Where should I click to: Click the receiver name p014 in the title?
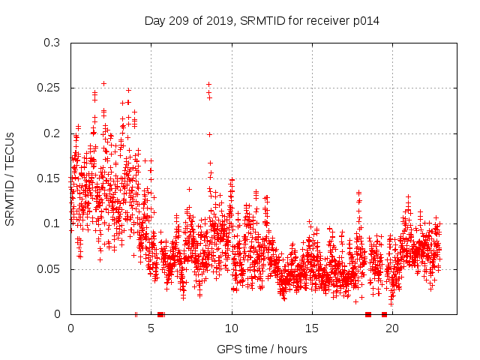pos(366,21)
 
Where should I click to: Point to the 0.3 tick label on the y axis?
pos(52,43)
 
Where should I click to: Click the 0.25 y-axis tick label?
pos(49,88)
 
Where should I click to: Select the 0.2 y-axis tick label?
pos(52,133)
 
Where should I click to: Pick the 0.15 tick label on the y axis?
pos(49,178)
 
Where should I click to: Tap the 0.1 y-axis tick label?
pos(52,223)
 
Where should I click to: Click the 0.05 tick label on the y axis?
pos(49,268)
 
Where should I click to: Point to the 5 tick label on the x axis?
pos(151,328)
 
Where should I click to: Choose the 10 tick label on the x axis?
pos(232,328)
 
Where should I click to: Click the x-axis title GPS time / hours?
pos(262,349)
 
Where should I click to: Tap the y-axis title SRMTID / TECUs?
pos(10,178)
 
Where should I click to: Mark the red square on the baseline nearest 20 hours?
pos(384,314)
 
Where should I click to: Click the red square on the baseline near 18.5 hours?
pos(368,314)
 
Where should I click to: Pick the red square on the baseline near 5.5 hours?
pos(160,314)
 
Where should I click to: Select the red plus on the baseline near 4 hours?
pos(136,314)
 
